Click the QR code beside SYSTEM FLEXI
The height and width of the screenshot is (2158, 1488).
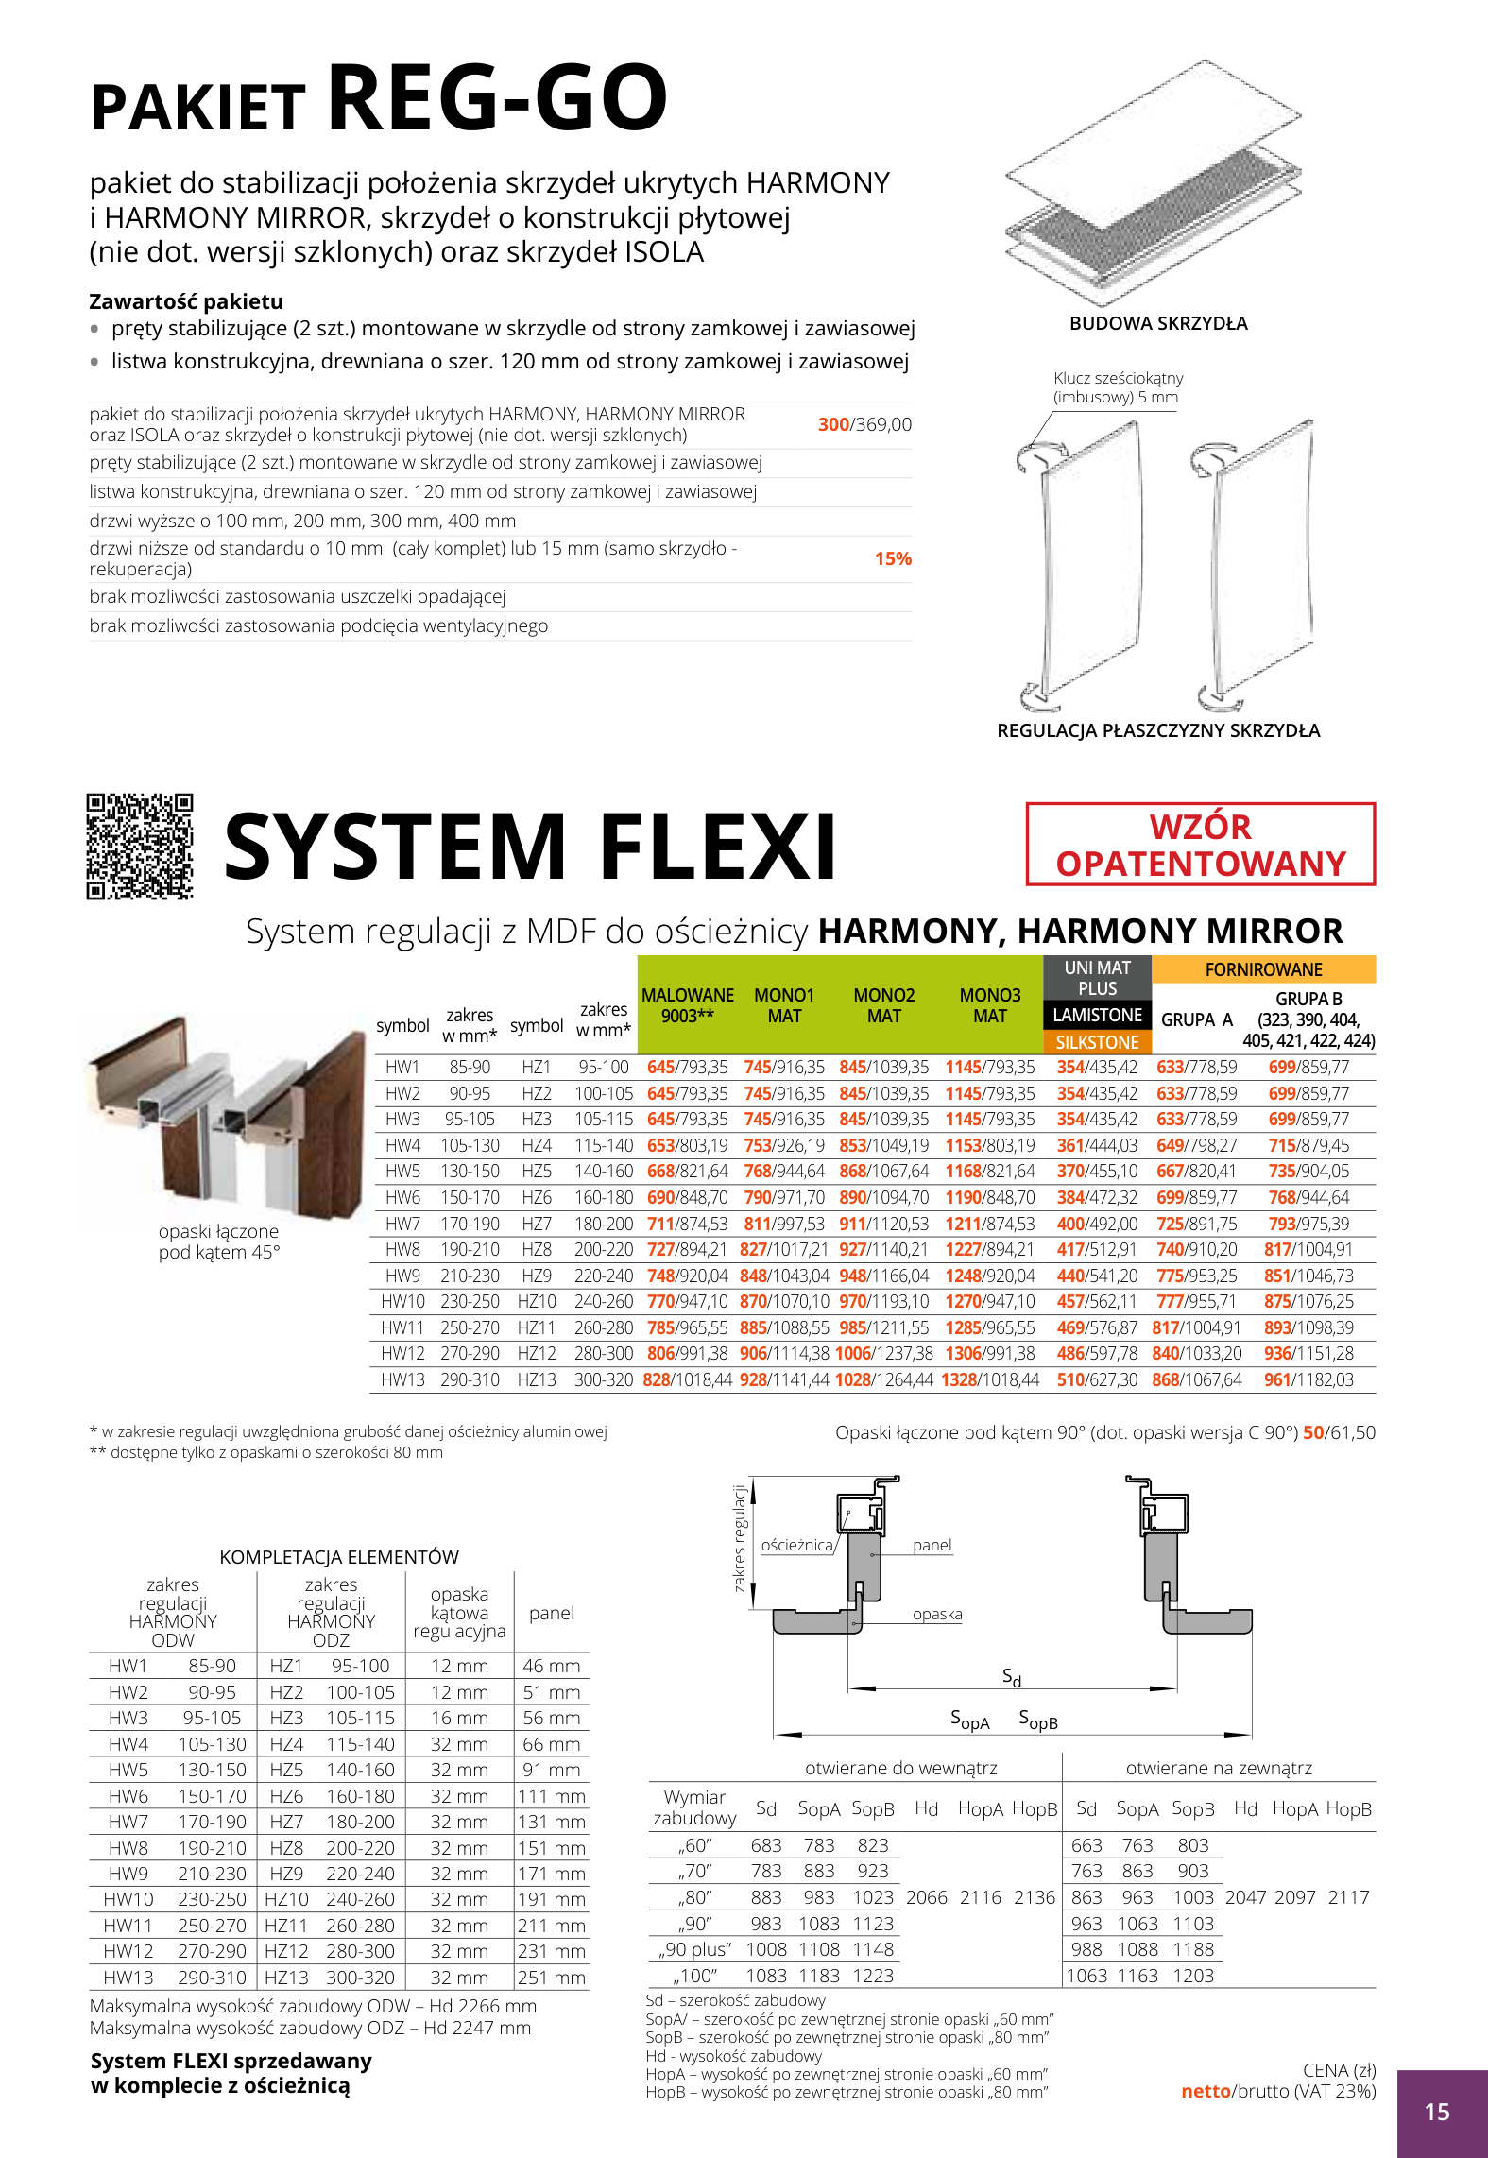[x=140, y=846]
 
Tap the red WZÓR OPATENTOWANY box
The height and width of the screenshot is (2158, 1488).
[x=1200, y=845]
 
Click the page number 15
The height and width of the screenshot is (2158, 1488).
[x=1436, y=2112]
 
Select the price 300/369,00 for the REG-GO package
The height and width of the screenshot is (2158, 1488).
[x=864, y=424]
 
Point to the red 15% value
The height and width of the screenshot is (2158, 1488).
[x=892, y=558]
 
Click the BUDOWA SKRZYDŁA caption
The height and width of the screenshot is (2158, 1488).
[x=1158, y=323]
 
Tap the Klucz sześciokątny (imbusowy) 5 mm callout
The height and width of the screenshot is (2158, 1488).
[x=1118, y=387]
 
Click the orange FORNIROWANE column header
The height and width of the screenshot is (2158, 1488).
[x=1263, y=969]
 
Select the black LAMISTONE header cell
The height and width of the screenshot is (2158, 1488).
[x=1097, y=1015]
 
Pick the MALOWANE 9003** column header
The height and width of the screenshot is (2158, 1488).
[x=687, y=1005]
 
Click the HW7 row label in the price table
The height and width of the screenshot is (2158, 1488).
[x=402, y=1224]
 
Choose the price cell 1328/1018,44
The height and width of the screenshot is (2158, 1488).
[x=989, y=1379]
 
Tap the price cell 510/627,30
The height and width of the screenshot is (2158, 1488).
[x=1097, y=1379]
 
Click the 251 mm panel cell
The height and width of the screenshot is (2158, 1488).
[x=551, y=1978]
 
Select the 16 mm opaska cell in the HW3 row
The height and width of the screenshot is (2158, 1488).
[x=459, y=1718]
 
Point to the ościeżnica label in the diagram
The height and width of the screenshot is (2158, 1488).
[x=796, y=1545]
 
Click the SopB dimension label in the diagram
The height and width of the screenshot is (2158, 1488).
[x=1037, y=1720]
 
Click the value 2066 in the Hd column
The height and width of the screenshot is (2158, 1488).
[x=926, y=1897]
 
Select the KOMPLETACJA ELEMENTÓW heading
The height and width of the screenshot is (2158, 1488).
[x=339, y=1557]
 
